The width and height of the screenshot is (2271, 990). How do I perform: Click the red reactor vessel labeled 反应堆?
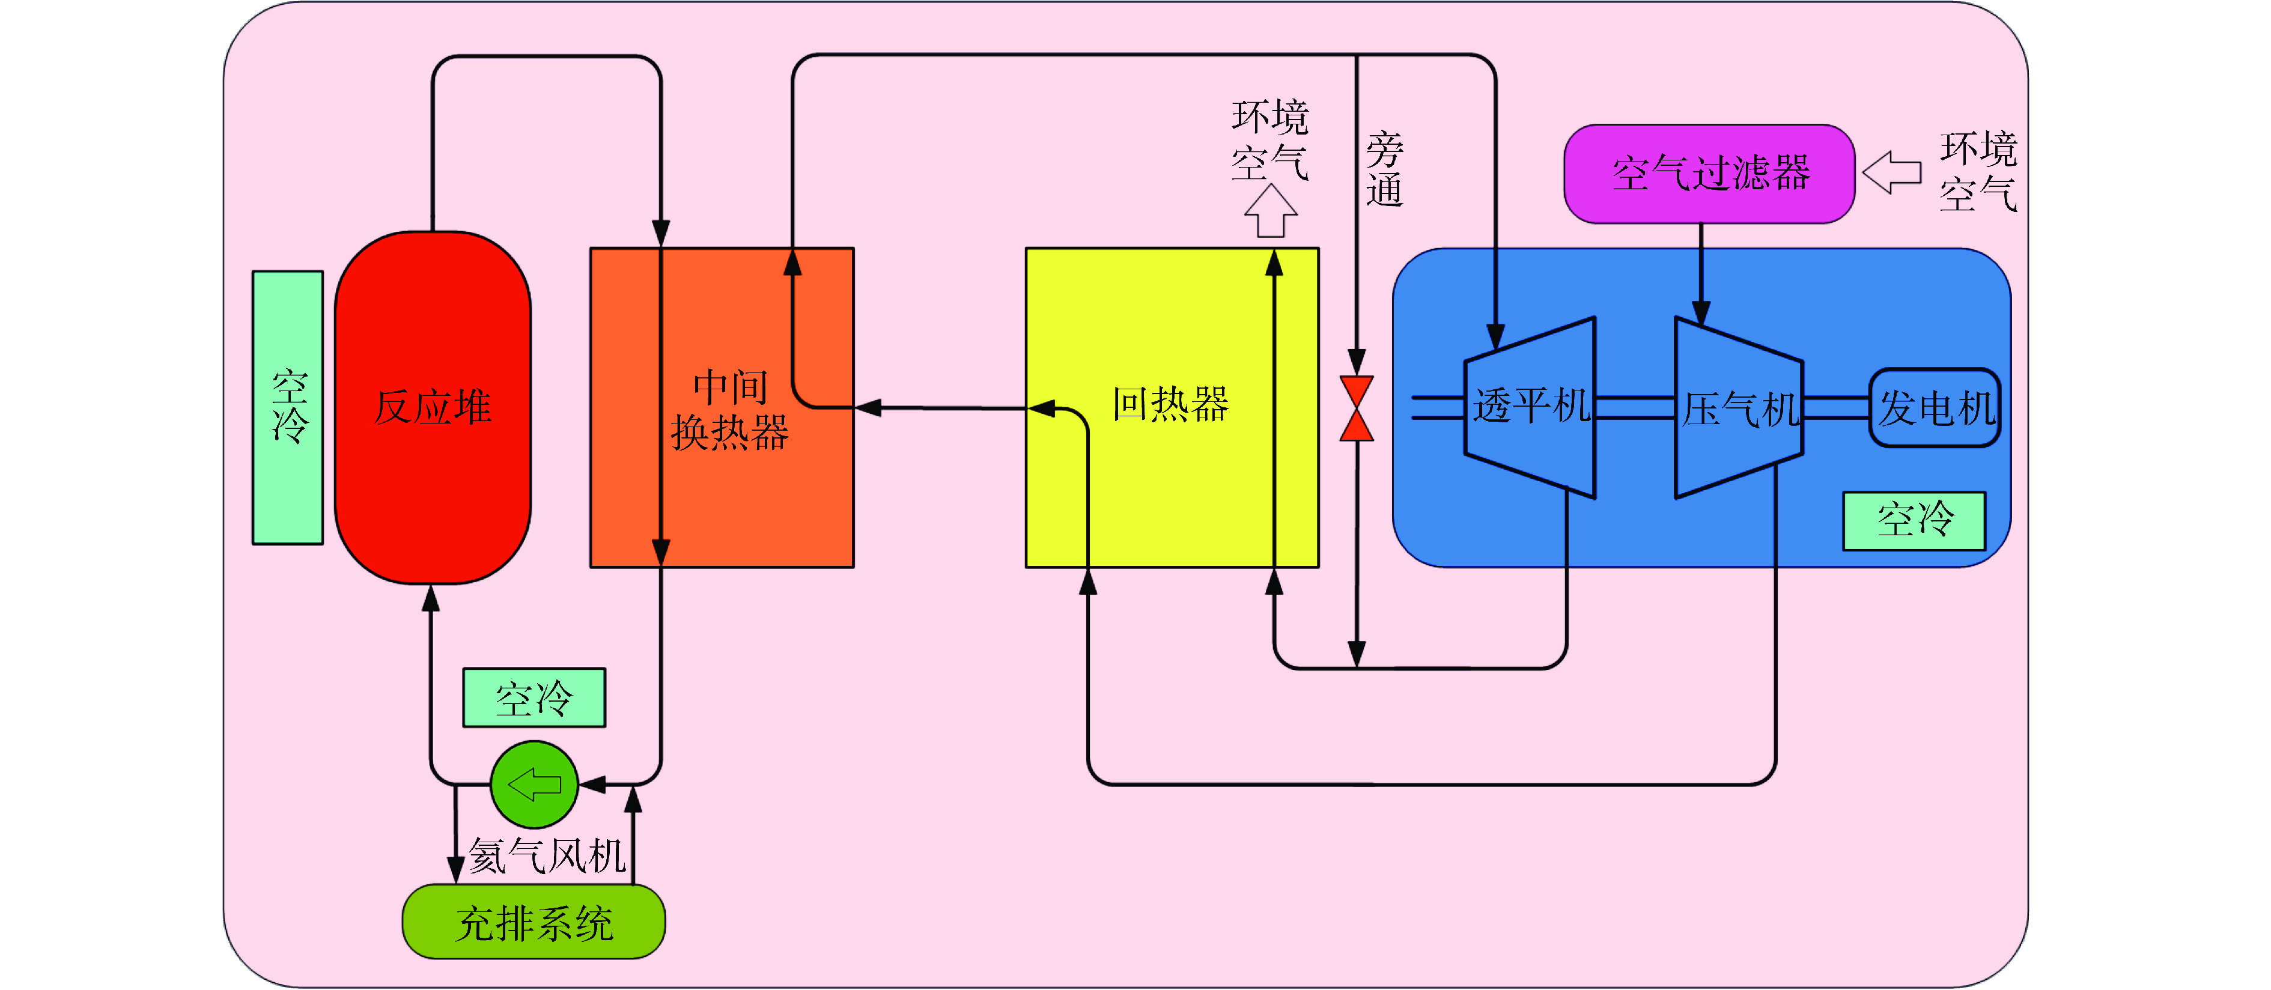pyautogui.click(x=432, y=407)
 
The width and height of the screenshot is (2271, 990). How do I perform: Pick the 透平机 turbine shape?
pyautogui.click(x=1530, y=407)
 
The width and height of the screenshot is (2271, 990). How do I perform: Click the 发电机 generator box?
pyautogui.click(x=1935, y=408)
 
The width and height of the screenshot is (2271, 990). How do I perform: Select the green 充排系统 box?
pyautogui.click(x=534, y=923)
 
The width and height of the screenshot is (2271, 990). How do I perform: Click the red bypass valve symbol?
pyautogui.click(x=1357, y=408)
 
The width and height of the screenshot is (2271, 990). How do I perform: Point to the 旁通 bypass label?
pyautogui.click(x=1384, y=169)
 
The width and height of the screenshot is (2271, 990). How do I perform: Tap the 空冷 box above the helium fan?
pyautogui.click(x=534, y=698)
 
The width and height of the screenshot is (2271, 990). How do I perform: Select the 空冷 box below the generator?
pyautogui.click(x=1914, y=521)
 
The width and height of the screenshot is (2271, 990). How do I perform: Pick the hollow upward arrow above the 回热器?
pyautogui.click(x=1271, y=211)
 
